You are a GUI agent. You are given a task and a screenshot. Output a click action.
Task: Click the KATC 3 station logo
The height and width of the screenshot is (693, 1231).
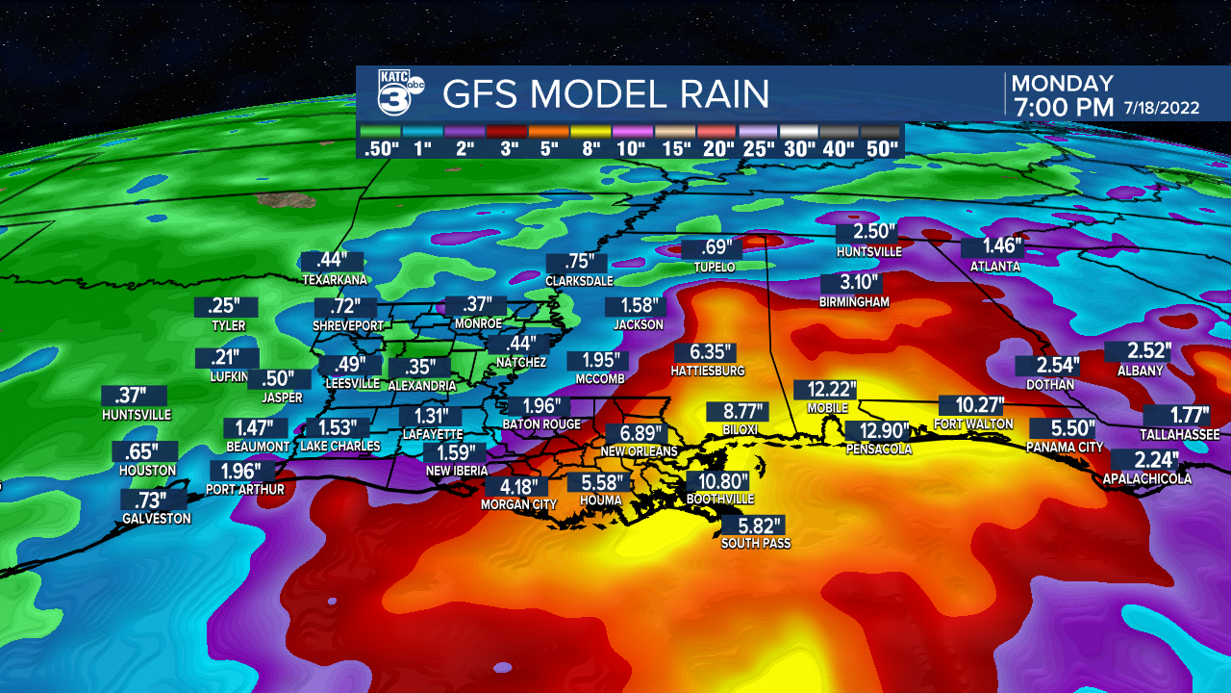(393, 93)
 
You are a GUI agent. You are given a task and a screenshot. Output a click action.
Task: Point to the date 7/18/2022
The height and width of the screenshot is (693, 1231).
(1162, 108)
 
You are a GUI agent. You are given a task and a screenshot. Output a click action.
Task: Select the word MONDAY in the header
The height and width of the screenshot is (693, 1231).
(1062, 84)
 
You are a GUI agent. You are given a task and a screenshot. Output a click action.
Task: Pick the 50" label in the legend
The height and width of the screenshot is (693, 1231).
(880, 149)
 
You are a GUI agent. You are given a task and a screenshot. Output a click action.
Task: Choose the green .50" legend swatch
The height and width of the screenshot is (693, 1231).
(382, 131)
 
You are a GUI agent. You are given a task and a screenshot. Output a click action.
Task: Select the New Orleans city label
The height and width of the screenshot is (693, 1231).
(639, 451)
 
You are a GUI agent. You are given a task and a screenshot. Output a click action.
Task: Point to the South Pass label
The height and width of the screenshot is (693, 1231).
(755, 544)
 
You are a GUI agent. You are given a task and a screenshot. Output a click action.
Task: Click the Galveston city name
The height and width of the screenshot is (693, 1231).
(156, 519)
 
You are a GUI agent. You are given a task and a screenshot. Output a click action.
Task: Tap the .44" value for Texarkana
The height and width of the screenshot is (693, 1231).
(333, 261)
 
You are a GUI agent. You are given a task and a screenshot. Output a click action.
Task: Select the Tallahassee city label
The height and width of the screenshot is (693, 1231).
(1180, 434)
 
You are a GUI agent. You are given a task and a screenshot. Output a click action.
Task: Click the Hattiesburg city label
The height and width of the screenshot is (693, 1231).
(708, 371)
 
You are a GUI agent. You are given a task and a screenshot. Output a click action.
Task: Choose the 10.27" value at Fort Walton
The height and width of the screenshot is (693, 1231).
(972, 406)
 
